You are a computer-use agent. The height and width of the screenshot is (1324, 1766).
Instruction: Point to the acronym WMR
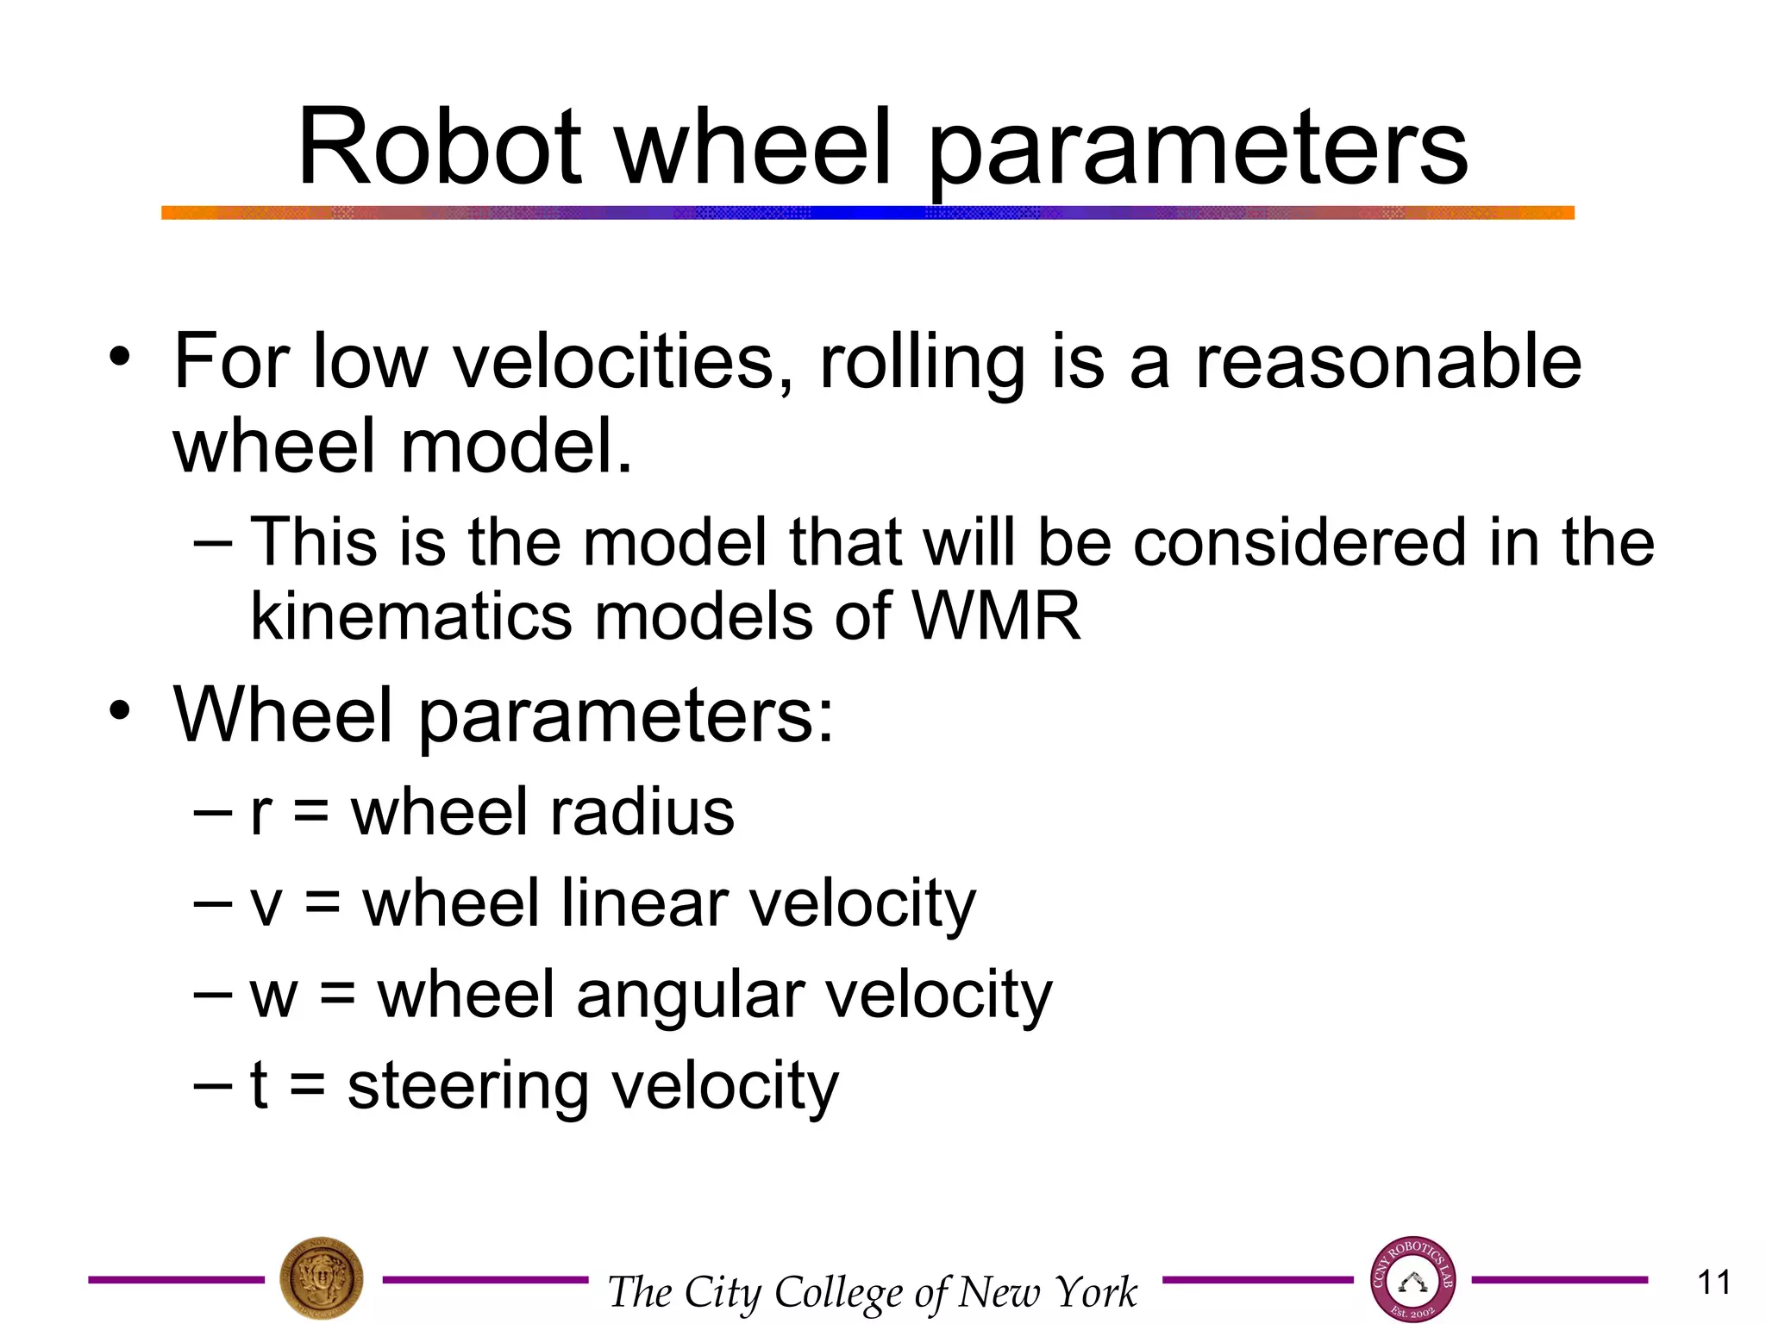[x=996, y=616]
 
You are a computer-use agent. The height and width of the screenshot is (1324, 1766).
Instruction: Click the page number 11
[x=1713, y=1283]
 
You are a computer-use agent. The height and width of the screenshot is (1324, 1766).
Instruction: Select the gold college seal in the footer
[x=322, y=1279]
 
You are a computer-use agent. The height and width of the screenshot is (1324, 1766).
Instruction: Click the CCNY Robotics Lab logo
[x=1412, y=1280]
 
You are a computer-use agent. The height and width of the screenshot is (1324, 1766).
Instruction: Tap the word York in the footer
[x=1096, y=1292]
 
